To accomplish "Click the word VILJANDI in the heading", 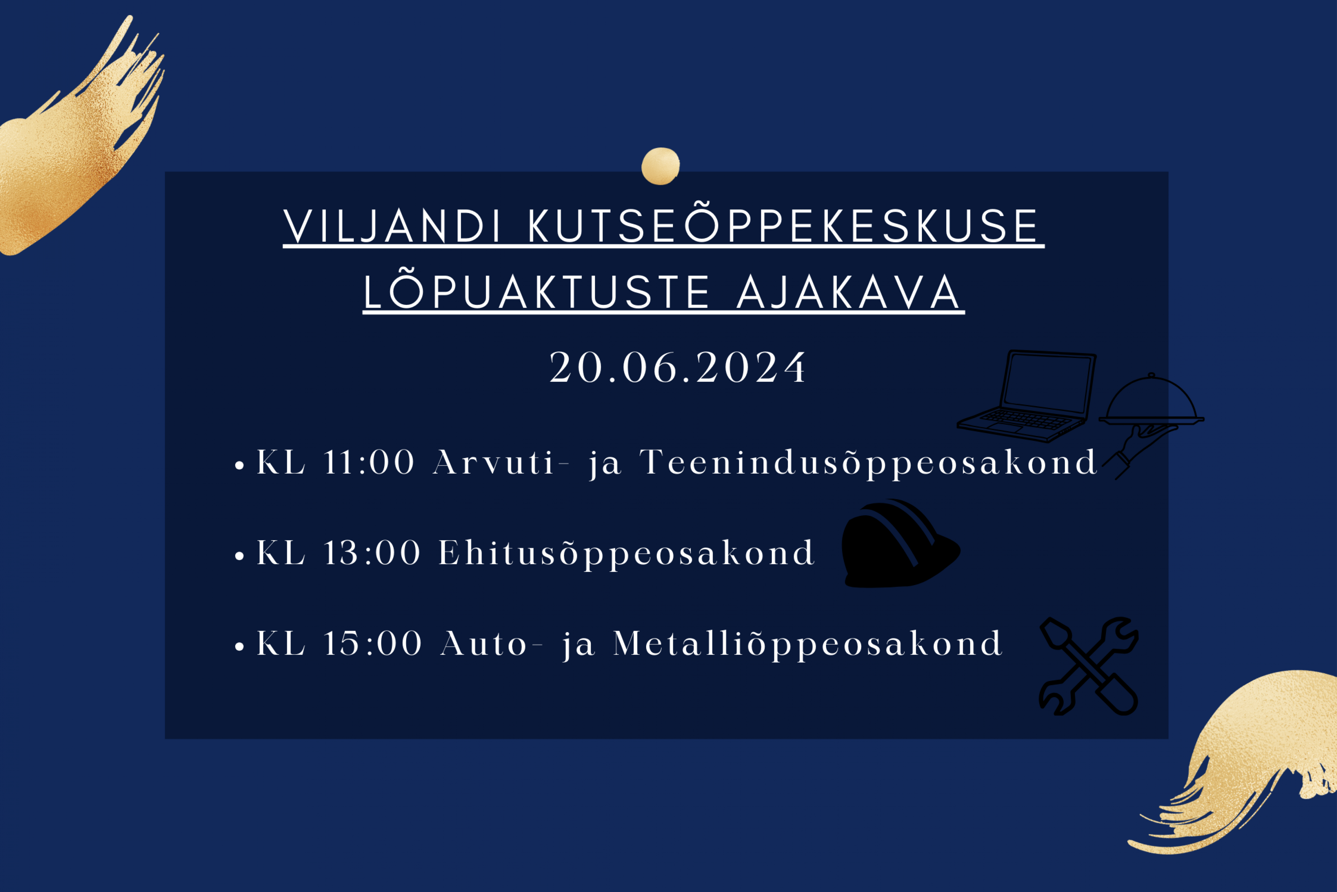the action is point(392,226).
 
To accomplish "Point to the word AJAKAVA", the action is point(848,292).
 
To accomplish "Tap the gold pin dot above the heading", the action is point(661,166).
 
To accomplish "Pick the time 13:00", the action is point(372,553).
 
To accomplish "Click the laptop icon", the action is point(1026,396).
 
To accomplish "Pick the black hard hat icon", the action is point(900,544).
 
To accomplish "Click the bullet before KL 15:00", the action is point(239,647).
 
